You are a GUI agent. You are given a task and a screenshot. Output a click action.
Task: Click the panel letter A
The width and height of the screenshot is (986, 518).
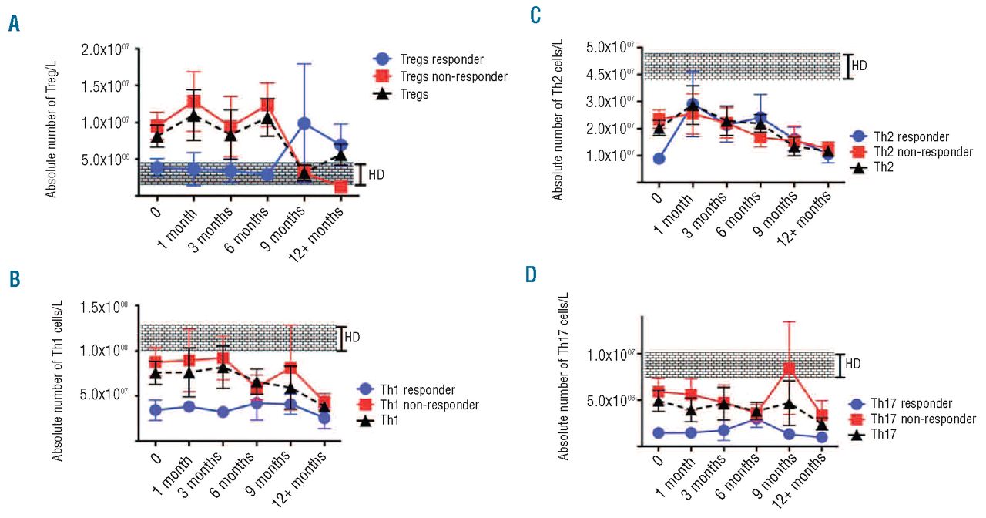14,25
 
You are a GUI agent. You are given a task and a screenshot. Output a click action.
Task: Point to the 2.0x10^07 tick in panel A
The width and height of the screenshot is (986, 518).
105,50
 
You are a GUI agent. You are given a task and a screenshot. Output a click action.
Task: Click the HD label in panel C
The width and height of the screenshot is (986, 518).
859,66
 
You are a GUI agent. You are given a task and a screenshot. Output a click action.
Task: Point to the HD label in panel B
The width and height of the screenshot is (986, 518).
352,337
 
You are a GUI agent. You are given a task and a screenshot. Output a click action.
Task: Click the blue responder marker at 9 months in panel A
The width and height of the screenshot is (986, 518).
304,123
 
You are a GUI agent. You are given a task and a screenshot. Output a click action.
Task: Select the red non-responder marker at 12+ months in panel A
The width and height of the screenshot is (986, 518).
340,187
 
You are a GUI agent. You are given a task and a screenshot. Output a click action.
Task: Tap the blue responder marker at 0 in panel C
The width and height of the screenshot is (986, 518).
658,159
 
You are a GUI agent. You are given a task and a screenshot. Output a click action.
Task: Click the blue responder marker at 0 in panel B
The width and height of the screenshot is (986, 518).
156,410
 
